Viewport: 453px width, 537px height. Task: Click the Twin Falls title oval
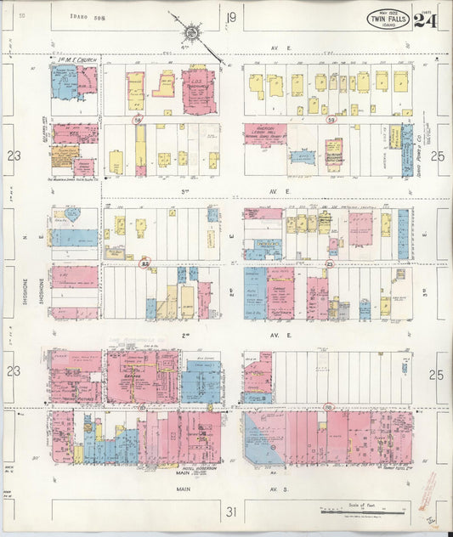[x=387, y=19]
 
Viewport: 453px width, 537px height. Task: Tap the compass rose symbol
[x=192, y=33]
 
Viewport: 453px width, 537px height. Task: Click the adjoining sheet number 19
[x=230, y=18]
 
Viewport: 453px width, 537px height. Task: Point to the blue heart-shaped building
[x=72, y=215]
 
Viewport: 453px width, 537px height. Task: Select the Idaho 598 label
[x=86, y=16]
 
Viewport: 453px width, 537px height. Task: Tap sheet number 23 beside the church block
[x=12, y=155]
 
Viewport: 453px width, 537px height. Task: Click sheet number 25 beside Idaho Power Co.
[x=439, y=155]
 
